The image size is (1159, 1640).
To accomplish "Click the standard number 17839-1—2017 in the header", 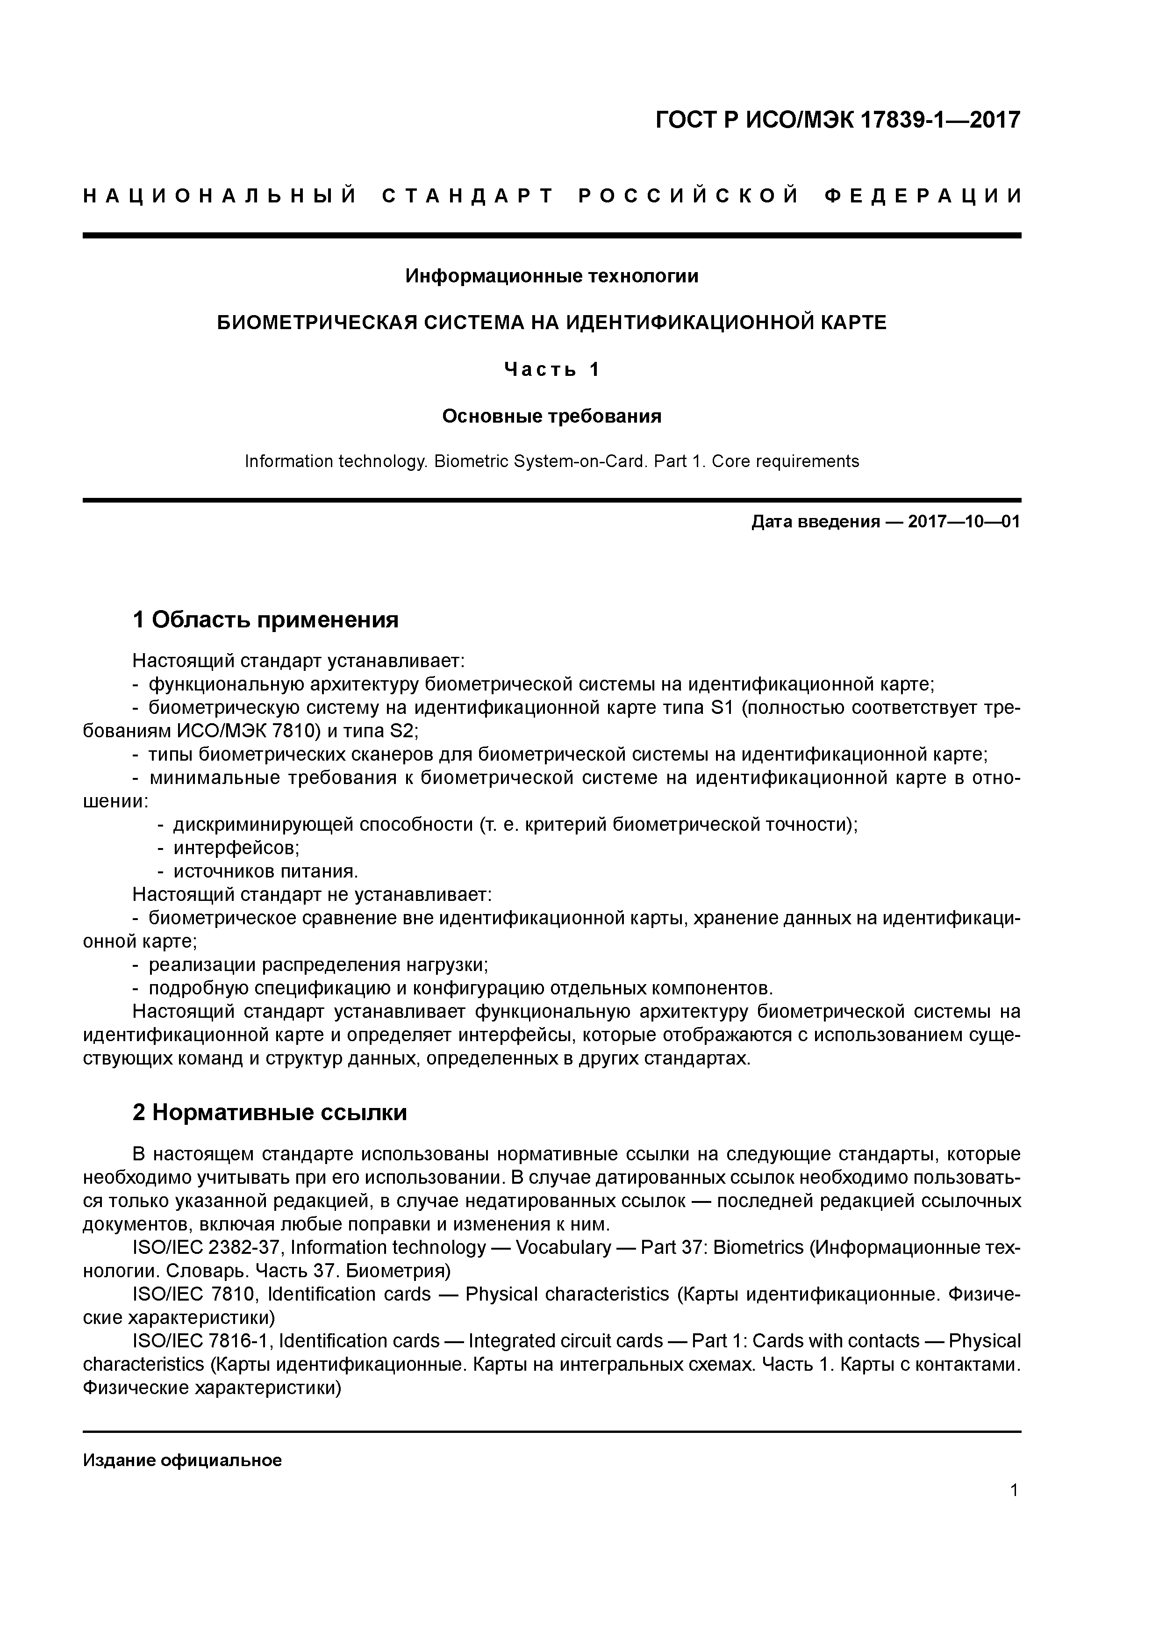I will [939, 120].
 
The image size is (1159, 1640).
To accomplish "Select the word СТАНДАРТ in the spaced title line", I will [468, 196].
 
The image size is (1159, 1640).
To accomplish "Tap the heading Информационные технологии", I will [551, 276].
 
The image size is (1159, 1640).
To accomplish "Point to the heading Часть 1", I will [551, 369].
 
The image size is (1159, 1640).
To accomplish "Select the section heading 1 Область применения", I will [265, 619].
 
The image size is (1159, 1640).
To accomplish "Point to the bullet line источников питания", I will [265, 871].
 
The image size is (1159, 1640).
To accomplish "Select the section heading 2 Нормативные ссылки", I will [270, 1113].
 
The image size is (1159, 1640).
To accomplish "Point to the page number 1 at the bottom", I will [1014, 1491].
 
